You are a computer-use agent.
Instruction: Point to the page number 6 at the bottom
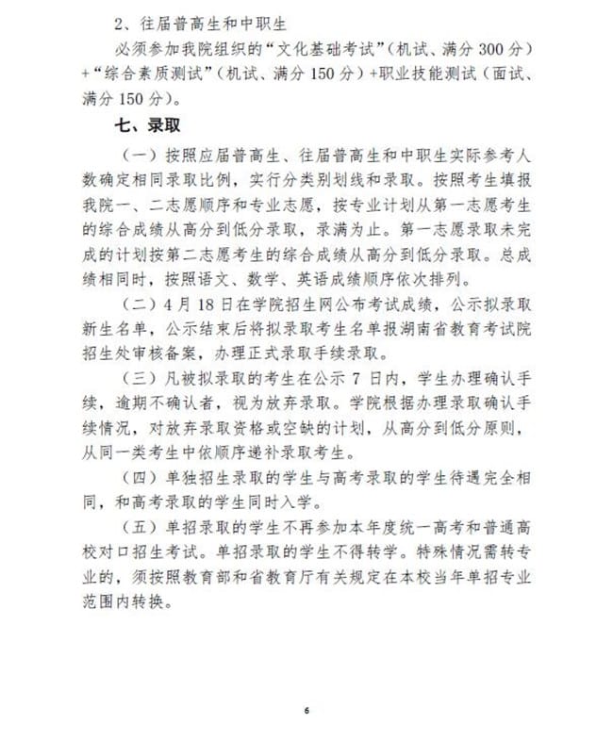coord(306,709)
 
